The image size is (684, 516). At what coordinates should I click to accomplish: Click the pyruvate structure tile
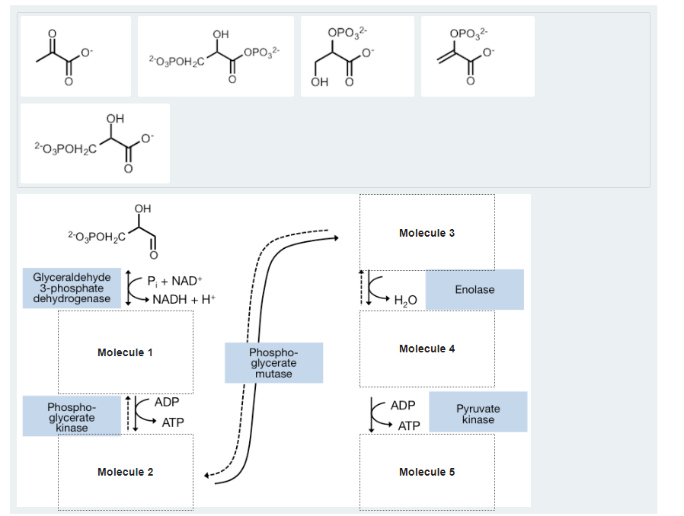click(75, 56)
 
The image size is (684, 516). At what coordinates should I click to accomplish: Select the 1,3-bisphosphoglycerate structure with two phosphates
click(216, 56)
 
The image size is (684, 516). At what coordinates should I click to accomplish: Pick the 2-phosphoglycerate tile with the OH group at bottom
click(357, 56)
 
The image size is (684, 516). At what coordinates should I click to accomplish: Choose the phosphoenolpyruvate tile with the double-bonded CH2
click(478, 56)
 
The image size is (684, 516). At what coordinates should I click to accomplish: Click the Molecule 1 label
click(125, 352)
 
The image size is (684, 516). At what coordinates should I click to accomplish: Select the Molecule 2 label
click(125, 472)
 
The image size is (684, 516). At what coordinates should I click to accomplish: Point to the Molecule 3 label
click(427, 233)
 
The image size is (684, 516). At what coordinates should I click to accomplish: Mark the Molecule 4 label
click(427, 349)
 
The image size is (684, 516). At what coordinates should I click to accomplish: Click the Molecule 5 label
click(427, 472)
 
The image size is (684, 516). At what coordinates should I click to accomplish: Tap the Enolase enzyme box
click(475, 289)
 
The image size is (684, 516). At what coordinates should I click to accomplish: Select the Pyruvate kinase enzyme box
click(478, 414)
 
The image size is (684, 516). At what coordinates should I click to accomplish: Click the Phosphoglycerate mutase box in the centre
click(273, 363)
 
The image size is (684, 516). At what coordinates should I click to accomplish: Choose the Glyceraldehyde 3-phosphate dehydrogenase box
click(72, 288)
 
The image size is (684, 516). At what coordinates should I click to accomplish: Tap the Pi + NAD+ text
click(174, 279)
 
